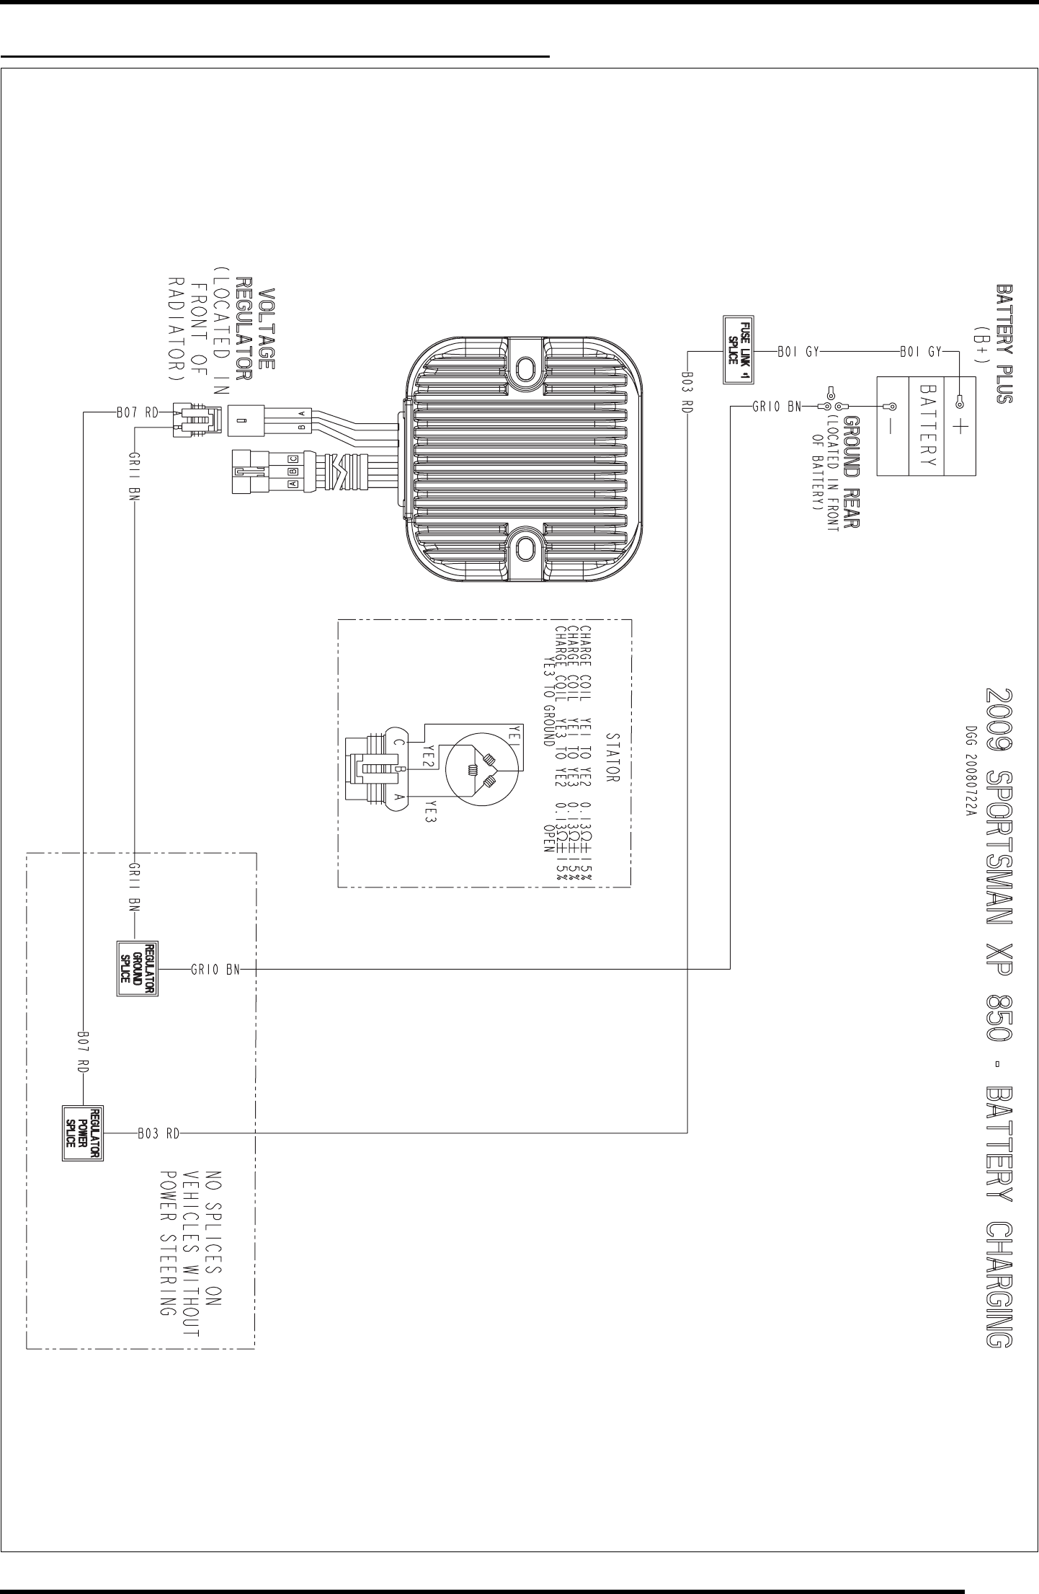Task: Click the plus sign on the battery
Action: coord(960,428)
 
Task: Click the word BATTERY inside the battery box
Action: coord(927,425)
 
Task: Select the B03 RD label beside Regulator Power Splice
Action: coord(157,1133)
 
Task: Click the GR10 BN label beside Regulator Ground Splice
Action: coord(215,969)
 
